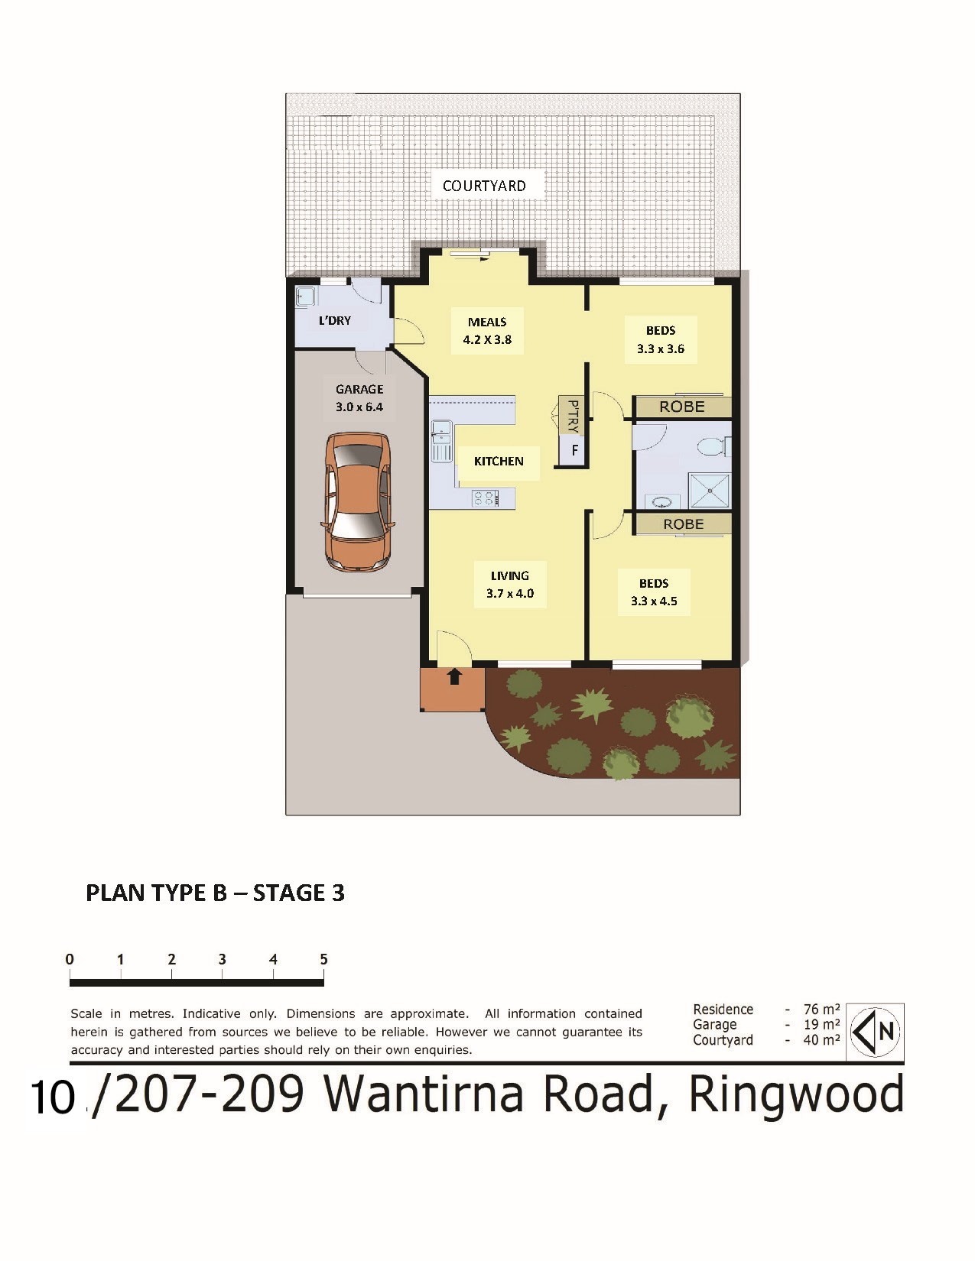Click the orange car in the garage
click(357, 502)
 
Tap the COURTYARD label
click(484, 186)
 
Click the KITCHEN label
click(499, 462)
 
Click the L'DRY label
click(334, 320)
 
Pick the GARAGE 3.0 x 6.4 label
click(359, 398)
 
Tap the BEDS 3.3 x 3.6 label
click(660, 339)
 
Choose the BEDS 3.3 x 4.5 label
click(654, 592)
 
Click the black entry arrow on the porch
click(454, 676)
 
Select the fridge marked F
click(574, 449)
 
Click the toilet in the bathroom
click(713, 447)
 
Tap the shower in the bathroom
click(710, 491)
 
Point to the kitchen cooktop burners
click(486, 498)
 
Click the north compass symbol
click(875, 1032)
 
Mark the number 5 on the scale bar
click(323, 959)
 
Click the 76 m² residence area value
click(821, 1010)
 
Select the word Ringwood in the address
click(796, 1094)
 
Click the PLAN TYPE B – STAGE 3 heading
click(215, 893)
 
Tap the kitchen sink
click(440, 440)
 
